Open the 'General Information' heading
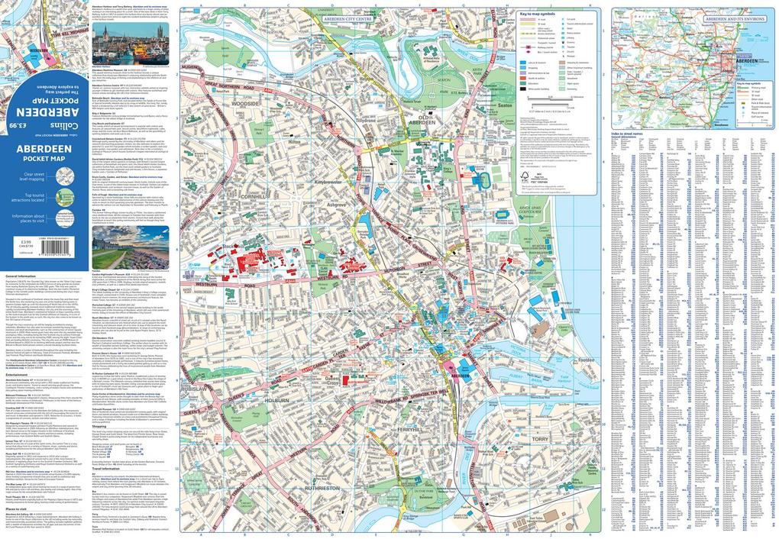[x=21, y=276]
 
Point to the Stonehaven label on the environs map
[x=713, y=120]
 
